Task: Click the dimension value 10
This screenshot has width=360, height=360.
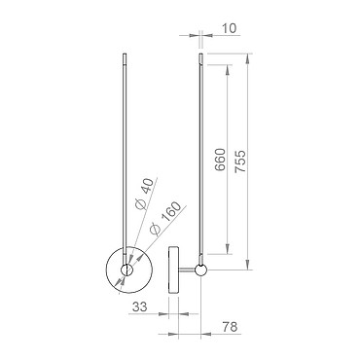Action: [x=230, y=28]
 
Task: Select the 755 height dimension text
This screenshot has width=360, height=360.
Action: [x=240, y=162]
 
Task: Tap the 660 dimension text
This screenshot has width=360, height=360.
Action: [x=220, y=160]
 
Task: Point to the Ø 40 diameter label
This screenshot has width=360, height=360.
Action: [x=144, y=195]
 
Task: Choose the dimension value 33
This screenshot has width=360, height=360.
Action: [x=139, y=306]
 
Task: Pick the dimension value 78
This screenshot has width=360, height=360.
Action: [x=230, y=327]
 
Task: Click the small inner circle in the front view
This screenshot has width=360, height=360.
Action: [x=126, y=270]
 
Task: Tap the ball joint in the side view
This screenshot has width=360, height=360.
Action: [x=200, y=270]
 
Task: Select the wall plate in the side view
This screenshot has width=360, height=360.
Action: [x=173, y=270]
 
